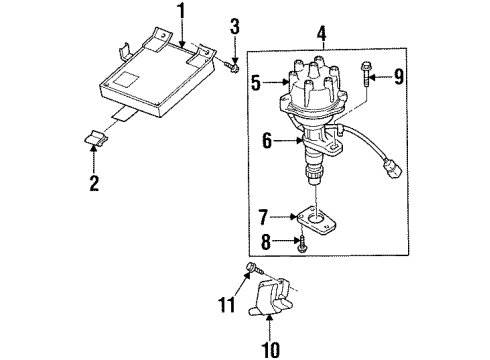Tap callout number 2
[94, 183]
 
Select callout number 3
[235, 26]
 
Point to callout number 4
[321, 34]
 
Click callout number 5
[256, 83]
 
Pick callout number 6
[267, 141]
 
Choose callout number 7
[263, 217]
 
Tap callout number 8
[266, 242]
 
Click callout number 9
[398, 77]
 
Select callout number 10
[270, 350]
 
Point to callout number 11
[227, 304]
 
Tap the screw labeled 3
[232, 67]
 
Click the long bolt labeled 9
[366, 74]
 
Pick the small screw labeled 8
[302, 244]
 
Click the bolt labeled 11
[254, 269]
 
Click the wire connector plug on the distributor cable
[393, 169]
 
